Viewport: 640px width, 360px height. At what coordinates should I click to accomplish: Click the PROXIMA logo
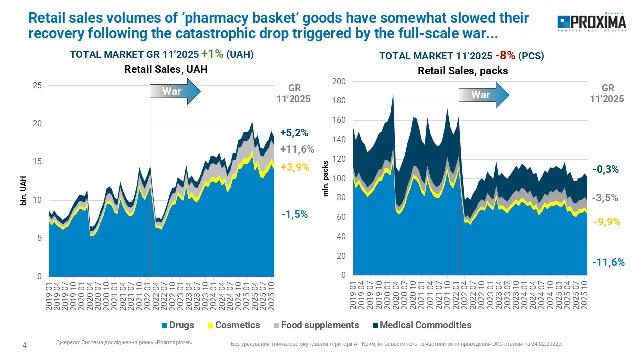(591, 23)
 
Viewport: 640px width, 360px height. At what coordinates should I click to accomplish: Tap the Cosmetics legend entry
(234, 325)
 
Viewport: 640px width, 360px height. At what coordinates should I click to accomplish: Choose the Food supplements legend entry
(314, 325)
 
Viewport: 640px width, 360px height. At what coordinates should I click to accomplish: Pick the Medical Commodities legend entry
(421, 325)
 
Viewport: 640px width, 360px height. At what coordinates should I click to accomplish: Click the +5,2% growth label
(294, 133)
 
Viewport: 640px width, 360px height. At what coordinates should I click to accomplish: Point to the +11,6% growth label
(297, 149)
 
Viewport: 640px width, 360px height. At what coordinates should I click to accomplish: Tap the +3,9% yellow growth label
(294, 167)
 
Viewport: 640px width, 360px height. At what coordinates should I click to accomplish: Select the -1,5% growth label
(294, 215)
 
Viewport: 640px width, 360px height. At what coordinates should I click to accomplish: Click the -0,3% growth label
(606, 170)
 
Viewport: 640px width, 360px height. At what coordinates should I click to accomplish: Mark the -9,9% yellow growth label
(606, 222)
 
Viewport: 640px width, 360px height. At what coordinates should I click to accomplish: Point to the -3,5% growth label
(605, 198)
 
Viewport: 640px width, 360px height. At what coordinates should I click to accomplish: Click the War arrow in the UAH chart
(175, 92)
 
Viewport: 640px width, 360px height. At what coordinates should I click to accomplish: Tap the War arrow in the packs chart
(484, 95)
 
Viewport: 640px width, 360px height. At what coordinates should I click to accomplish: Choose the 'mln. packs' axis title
(326, 178)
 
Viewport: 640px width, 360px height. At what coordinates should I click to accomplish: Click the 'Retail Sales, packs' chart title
(463, 71)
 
